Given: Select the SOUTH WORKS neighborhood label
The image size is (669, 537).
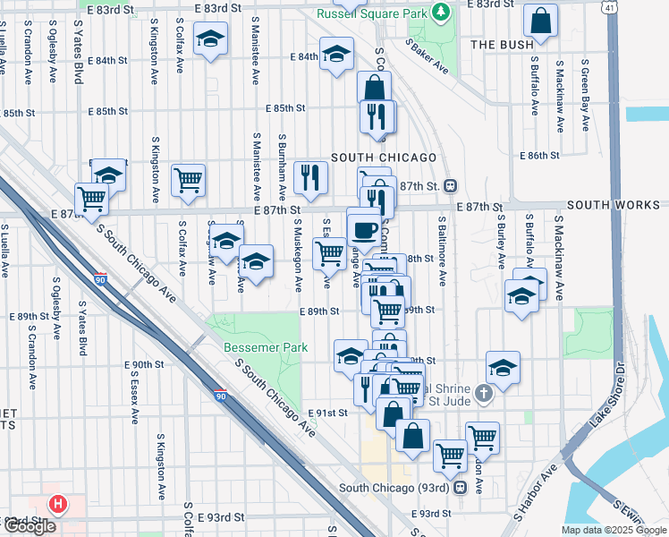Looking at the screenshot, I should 613,206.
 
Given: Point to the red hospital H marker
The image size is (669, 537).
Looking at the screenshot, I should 59,505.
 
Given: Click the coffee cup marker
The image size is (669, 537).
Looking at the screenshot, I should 364,230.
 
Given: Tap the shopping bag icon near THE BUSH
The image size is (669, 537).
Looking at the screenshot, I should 541,21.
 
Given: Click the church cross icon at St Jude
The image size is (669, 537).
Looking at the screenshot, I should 483,393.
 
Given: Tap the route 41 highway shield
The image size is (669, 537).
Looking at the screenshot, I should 609,7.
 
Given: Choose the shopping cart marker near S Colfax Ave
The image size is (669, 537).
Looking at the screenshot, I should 189,181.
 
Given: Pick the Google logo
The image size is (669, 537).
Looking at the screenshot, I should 29,526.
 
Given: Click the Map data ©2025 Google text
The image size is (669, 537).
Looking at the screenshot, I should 613,530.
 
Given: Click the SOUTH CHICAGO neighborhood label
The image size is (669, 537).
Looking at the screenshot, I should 384,158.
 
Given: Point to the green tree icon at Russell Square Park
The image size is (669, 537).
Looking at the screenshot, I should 440,13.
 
